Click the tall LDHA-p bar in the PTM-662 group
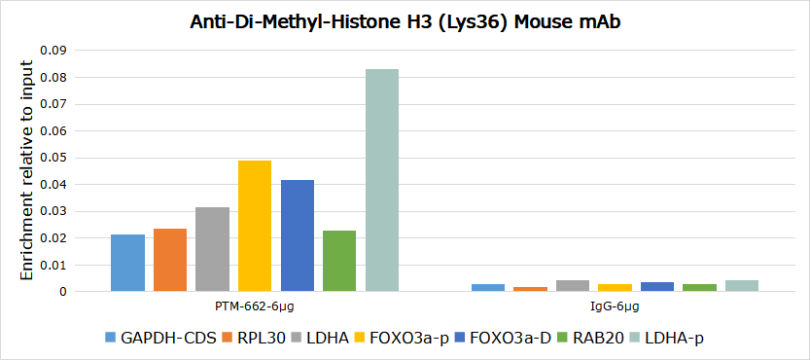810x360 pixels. (382, 181)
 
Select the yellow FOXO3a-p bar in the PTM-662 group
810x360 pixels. (255, 226)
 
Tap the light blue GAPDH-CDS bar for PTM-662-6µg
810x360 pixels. (127, 264)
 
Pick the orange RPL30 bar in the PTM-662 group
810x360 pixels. (170, 260)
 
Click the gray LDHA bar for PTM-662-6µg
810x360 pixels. (212, 249)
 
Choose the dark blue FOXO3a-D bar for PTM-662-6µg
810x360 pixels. (298, 235)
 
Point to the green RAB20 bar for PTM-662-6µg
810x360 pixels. (339, 261)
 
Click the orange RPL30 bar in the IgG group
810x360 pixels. (530, 289)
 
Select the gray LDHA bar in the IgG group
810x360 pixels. (573, 286)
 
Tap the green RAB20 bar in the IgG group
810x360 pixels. (699, 288)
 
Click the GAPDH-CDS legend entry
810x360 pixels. (160, 339)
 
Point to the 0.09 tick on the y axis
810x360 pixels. (56, 51)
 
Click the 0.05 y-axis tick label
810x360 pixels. (56, 158)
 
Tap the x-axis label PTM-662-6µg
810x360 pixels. (255, 306)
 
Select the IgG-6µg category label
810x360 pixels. (615, 306)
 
